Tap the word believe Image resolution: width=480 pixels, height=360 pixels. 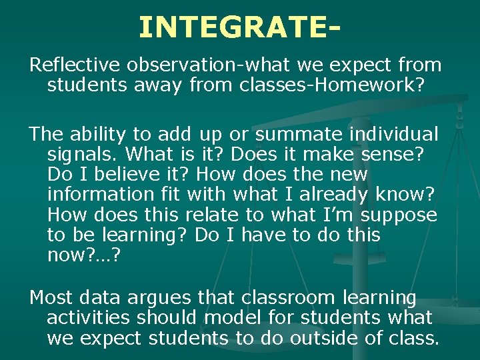click(x=127, y=175)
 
